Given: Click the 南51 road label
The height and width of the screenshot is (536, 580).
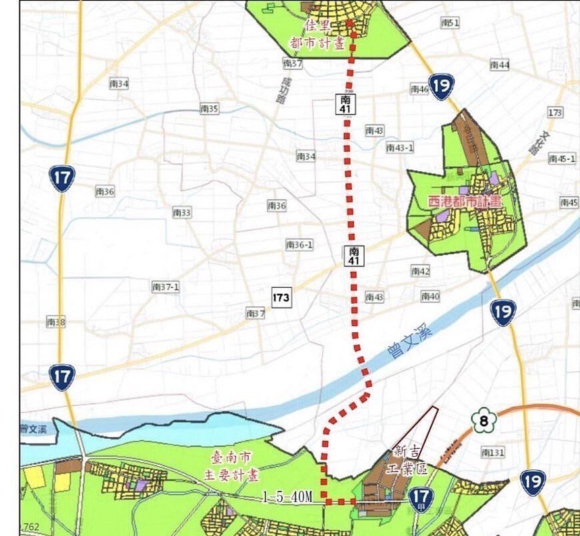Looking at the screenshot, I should pos(450,23).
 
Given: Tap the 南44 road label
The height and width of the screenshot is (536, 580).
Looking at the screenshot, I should pos(499,65).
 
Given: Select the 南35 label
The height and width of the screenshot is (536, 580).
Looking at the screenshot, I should pos(209,108).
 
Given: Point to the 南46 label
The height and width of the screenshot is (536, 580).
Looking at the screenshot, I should pos(419,89).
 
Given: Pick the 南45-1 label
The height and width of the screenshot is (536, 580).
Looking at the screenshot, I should pos(561,158).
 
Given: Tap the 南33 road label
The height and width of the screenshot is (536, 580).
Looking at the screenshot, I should pos(182,212).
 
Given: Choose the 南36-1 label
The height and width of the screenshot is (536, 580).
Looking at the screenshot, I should pos(299,245).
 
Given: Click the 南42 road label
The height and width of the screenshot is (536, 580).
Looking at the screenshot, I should pos(420,271).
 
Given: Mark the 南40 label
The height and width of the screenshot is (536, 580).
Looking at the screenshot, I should pos(430,296).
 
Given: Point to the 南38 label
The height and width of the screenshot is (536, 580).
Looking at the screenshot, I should pos(56,322).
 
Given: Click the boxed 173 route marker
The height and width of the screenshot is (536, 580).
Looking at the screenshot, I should pos(281,297).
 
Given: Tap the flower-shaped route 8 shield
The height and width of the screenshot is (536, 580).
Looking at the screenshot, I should pos(485,420).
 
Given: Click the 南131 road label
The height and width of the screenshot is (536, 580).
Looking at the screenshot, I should pos(493,453).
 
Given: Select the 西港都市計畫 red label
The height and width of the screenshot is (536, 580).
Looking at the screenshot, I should pos(465,200).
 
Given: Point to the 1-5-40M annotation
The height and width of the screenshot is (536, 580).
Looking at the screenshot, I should pos(292,497).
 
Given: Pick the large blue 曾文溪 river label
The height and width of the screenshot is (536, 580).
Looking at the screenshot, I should pos(408,340).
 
